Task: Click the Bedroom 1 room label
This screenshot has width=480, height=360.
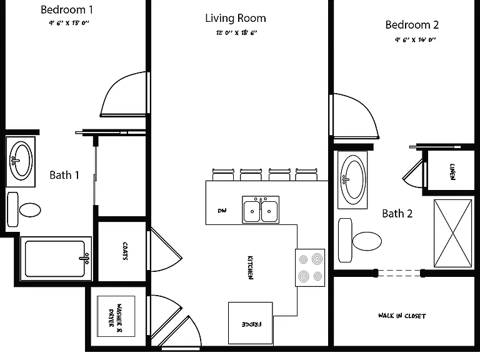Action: (x=67, y=10)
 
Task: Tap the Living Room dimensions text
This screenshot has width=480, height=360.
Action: (x=236, y=32)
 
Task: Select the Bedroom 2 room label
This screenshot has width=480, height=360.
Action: (x=412, y=25)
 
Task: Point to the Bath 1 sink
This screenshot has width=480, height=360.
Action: (x=21, y=161)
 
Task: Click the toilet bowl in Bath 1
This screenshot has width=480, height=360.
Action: (x=30, y=210)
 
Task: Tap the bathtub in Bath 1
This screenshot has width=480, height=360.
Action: (x=56, y=259)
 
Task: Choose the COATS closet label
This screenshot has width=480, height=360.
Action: (x=125, y=251)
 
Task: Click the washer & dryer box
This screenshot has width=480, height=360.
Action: (x=116, y=316)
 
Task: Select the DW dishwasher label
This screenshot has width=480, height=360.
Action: (x=222, y=211)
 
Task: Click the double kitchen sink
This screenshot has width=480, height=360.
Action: (x=261, y=210)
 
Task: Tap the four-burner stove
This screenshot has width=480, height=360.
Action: (x=310, y=268)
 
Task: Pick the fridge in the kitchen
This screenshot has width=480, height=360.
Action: (x=251, y=323)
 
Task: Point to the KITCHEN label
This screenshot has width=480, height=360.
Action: (x=250, y=267)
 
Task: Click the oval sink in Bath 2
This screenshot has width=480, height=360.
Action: (x=353, y=180)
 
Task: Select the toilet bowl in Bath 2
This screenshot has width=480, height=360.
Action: (x=367, y=241)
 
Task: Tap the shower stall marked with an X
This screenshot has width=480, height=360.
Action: (x=452, y=233)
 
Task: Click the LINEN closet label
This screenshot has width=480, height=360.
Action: (x=452, y=172)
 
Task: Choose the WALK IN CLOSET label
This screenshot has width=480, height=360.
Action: (x=402, y=316)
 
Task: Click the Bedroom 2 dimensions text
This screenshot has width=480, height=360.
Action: (x=415, y=40)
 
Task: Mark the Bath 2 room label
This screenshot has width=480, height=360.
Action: (x=397, y=213)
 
